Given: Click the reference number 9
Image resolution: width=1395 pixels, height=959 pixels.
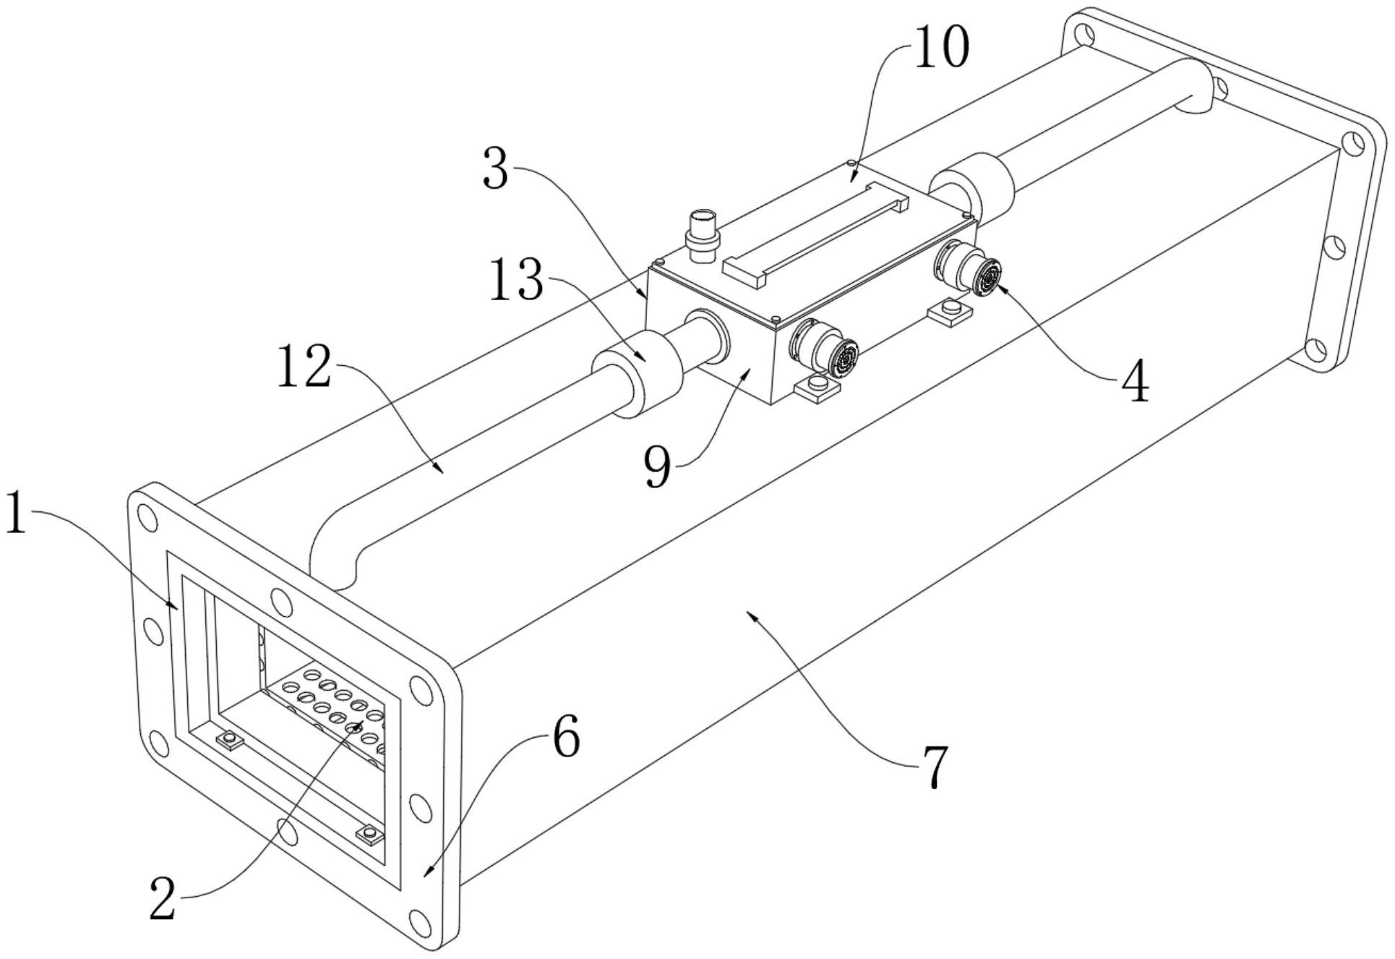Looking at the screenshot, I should pyautogui.click(x=657, y=468).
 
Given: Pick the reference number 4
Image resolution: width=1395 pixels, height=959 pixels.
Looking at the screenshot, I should pyautogui.click(x=1135, y=382).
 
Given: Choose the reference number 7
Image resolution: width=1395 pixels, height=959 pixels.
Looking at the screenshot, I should pyautogui.click(x=935, y=767).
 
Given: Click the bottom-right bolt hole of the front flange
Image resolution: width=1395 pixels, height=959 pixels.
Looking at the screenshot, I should pyautogui.click(x=420, y=921).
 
